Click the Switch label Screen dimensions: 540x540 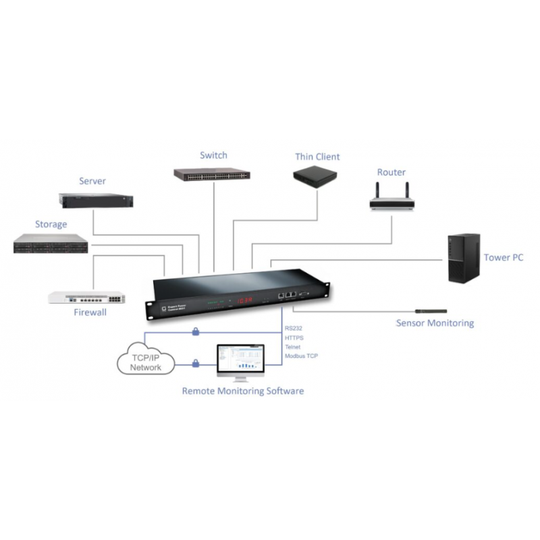pyautogui.click(x=213, y=155)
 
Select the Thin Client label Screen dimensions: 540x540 pyautogui.click(x=317, y=157)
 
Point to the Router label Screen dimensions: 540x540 pyautogui.click(x=391, y=172)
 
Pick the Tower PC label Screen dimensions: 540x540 pyautogui.click(x=503, y=257)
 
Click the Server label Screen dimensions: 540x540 pyautogui.click(x=92, y=181)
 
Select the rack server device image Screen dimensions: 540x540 pyautogui.click(x=96, y=200)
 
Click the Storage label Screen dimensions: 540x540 pyautogui.click(x=51, y=224)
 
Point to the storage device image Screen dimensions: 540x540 pyautogui.click(x=51, y=244)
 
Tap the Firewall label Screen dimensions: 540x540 pyautogui.click(x=90, y=313)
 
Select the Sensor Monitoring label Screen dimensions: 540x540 pyautogui.click(x=435, y=323)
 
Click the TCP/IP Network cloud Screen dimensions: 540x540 pyautogui.click(x=146, y=362)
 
